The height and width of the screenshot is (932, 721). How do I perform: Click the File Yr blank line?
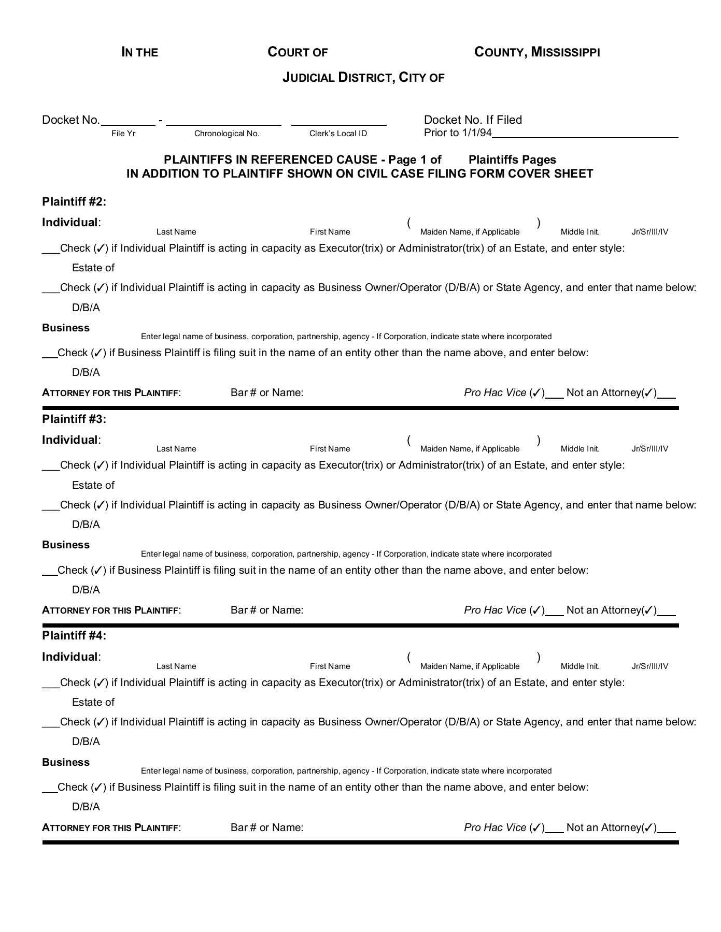128,125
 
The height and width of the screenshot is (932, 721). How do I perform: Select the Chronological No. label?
227,134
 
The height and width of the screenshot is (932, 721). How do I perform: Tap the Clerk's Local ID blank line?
338,125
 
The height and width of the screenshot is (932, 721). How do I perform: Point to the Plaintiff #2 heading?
74,201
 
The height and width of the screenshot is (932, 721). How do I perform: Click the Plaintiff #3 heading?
74,419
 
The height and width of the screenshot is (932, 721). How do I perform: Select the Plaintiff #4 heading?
74,635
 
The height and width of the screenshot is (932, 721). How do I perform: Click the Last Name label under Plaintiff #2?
176,232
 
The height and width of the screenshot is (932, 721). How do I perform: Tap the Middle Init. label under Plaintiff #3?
580,449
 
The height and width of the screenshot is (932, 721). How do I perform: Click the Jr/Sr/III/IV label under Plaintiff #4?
650,666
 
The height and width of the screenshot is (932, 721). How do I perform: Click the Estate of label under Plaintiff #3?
93,485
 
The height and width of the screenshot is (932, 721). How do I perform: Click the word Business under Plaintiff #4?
66,762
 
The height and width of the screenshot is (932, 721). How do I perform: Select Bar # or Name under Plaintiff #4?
267,827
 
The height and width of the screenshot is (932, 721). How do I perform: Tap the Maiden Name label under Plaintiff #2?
470,232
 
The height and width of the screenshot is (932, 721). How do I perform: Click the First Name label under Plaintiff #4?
330,666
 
